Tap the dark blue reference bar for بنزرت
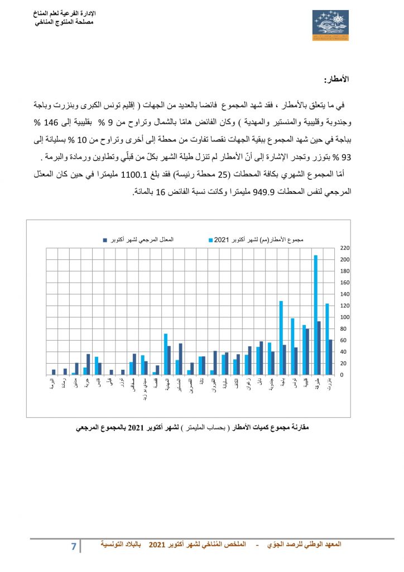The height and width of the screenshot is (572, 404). [331, 357]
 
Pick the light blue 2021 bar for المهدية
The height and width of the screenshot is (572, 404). [166, 354]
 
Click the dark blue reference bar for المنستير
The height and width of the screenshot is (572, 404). [181, 359]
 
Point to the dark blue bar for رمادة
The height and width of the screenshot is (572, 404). [65, 371]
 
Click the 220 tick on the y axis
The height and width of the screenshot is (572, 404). [344, 247]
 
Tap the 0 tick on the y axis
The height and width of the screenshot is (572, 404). [342, 375]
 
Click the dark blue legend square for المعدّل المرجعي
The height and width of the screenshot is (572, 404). [104, 240]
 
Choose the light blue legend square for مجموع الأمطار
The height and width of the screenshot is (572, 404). [211, 240]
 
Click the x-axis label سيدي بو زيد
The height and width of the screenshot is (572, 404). [144, 390]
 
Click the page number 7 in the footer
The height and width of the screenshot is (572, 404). [73, 546]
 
